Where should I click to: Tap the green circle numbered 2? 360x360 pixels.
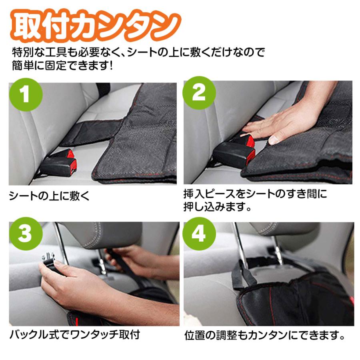(x=199, y=94)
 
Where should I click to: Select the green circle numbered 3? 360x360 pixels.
(x=25, y=234)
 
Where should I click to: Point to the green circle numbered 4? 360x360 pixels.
(x=199, y=234)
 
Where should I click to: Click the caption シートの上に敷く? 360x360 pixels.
(x=50, y=196)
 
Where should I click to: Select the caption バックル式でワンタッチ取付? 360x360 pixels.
(x=74, y=334)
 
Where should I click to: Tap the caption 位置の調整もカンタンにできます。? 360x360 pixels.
(x=265, y=335)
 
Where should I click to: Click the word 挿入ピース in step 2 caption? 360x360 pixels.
(x=204, y=195)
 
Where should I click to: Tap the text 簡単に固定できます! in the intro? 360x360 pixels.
(x=62, y=64)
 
